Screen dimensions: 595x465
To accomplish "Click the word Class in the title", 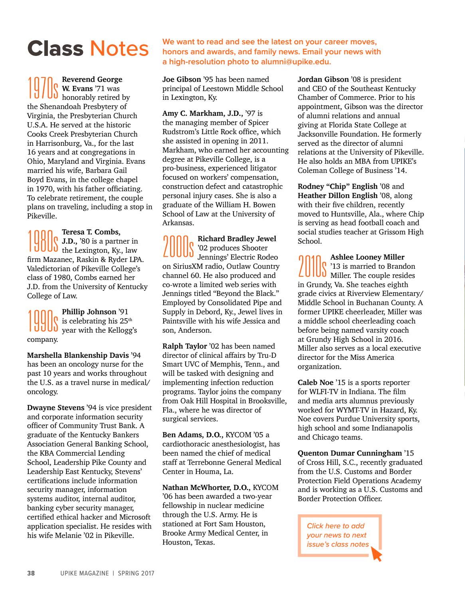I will pos(55,49).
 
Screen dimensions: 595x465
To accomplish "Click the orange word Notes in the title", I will pos(119,49).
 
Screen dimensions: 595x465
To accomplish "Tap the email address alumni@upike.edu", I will pos(296,62).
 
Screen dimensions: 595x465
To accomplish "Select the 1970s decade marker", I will pos(43,88).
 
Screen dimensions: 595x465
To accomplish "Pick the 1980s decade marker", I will pos(43,241).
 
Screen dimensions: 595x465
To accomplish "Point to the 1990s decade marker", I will pos(43,321).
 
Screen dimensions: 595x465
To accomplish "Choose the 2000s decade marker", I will pos(178,248).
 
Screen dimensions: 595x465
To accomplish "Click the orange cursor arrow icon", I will pos(376,554).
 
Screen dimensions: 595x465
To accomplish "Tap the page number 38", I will pos(31,573).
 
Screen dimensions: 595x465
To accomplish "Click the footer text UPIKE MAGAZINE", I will pos(82,573).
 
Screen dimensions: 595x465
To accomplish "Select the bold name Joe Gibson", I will pos(182,79).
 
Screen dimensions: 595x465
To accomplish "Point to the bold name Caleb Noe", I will pos(315,383).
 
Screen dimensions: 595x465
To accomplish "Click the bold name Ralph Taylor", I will pos(184,346).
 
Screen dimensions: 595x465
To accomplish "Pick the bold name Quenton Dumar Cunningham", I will pos(350,453).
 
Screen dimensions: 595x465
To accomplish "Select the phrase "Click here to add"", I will pos(335,526).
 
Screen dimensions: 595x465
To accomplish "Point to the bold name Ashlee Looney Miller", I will pos(367,257).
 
